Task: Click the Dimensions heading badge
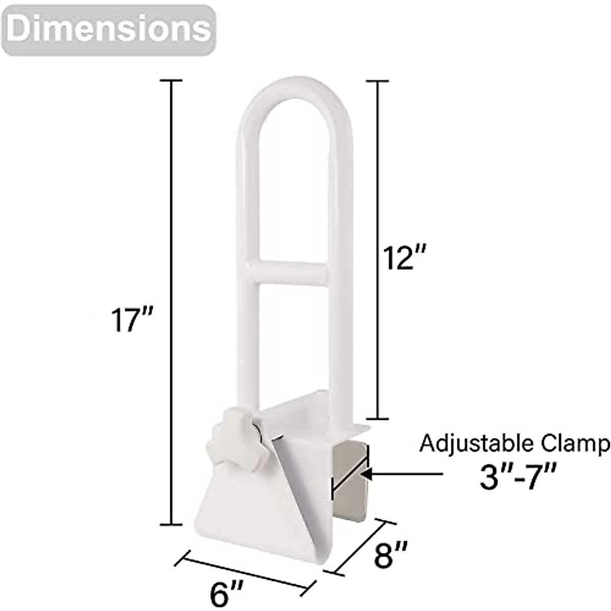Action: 109,30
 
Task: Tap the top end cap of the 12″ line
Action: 378,80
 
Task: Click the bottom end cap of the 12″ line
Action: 378,419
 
